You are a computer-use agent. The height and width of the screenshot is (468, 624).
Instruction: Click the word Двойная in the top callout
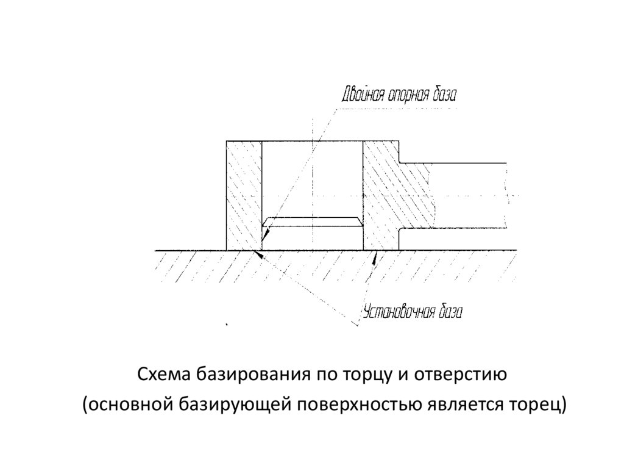tap(361, 96)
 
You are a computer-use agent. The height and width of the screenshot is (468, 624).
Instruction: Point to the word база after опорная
tap(443, 96)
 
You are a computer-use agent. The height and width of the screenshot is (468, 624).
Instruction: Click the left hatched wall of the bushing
tap(243, 195)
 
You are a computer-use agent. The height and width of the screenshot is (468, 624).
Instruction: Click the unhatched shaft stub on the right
tap(469, 195)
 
